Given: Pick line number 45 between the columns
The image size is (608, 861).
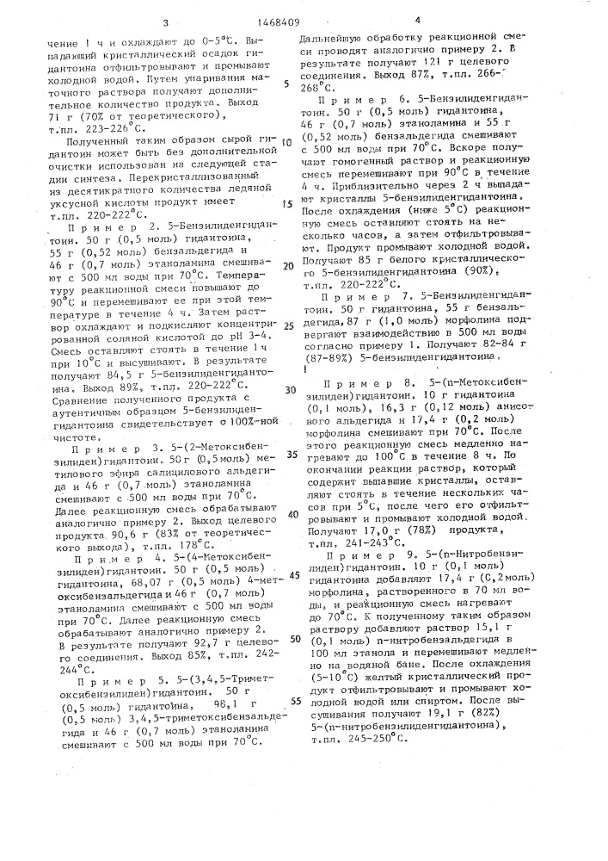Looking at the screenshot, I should click(292, 574).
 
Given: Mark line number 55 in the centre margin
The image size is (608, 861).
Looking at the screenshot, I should click(292, 701).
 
